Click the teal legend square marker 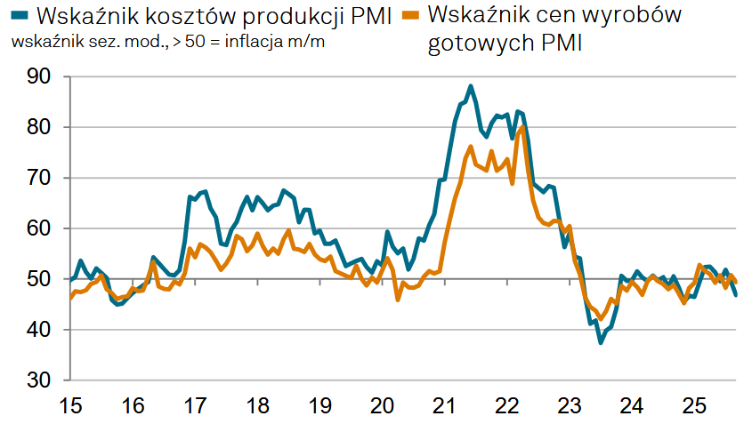(19, 15)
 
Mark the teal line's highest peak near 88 (471, 86)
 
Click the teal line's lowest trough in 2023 (601, 342)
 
